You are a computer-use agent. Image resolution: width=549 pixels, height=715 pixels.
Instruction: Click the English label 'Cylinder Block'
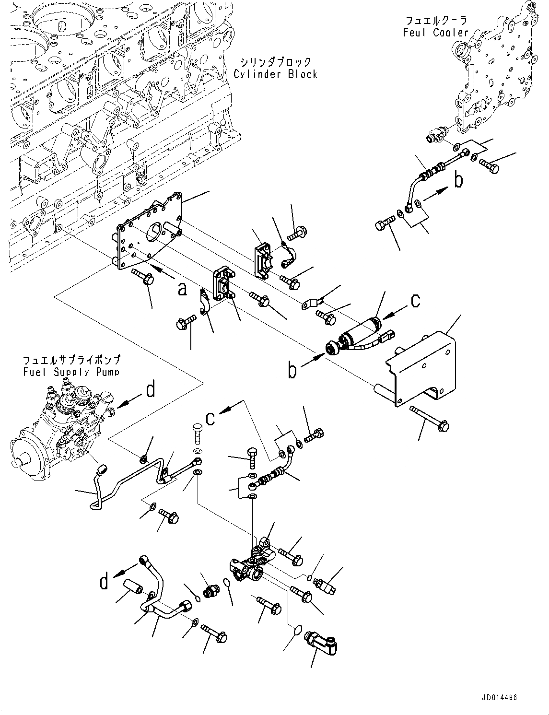[275, 74]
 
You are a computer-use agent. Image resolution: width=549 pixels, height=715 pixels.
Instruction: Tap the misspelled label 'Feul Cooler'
[435, 33]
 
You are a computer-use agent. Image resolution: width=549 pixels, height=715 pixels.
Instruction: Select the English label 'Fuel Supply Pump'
[71, 372]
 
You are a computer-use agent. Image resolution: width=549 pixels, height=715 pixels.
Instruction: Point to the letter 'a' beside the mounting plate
[182, 289]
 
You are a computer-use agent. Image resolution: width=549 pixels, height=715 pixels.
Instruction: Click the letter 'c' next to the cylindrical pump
[415, 300]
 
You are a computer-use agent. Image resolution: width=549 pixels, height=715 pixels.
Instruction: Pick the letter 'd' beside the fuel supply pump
[151, 390]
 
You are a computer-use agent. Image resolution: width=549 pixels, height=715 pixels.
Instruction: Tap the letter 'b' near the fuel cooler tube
[459, 181]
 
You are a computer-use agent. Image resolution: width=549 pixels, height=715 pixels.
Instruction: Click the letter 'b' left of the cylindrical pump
[292, 371]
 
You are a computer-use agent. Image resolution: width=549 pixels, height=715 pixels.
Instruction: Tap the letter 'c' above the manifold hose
[210, 418]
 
